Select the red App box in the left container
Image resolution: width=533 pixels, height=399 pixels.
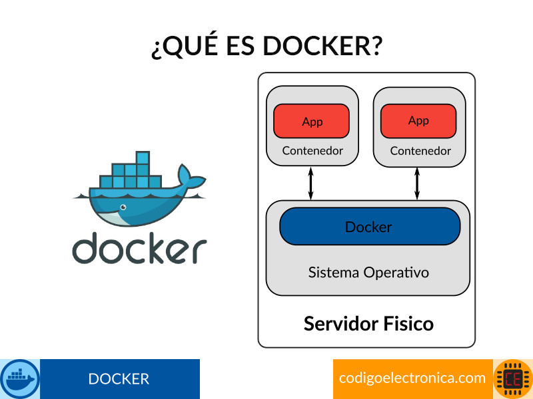[312, 121]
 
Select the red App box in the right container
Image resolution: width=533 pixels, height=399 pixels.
[418, 120]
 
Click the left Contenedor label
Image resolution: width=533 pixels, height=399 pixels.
[312, 150]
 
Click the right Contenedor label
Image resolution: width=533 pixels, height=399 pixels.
[420, 151]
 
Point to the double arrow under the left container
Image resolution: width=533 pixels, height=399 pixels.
[310, 183]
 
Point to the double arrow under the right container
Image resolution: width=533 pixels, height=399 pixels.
[417, 183]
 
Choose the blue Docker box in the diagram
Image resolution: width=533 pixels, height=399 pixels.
[369, 227]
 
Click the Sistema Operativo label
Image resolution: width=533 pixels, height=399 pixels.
[368, 273]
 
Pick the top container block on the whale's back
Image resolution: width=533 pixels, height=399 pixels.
[142, 158]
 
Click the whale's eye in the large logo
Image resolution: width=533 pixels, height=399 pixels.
[122, 208]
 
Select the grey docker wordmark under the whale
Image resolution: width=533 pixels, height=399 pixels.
[139, 248]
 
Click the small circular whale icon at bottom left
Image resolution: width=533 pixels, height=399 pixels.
[20, 379]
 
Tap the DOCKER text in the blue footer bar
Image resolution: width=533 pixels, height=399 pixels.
[119, 379]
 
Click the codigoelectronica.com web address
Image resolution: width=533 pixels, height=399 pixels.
[412, 378]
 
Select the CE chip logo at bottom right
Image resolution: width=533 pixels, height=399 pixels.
[513, 379]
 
